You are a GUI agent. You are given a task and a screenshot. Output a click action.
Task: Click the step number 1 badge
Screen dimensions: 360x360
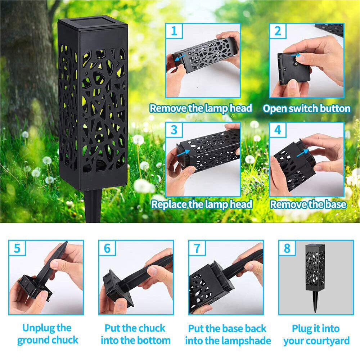(174, 31)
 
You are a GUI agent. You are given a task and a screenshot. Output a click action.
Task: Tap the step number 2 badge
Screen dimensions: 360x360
(278, 31)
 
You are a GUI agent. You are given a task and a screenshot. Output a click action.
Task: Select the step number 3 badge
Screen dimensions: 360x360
(174, 130)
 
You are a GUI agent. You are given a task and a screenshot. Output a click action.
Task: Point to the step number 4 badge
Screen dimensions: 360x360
(278, 130)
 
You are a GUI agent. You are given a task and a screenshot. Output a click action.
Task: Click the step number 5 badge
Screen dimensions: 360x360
(17, 248)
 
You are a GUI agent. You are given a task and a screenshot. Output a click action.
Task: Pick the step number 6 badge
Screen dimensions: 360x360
(107, 248)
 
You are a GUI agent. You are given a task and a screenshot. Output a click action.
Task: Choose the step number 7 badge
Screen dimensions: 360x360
(197, 248)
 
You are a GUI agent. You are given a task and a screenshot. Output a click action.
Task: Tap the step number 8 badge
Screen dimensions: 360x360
(287, 248)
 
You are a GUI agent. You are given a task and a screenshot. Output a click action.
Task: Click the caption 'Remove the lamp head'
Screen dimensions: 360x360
(201, 108)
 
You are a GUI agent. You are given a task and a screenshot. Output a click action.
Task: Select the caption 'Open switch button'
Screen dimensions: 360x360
(306, 108)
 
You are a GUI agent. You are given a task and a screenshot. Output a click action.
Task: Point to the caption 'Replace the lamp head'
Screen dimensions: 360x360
(202, 204)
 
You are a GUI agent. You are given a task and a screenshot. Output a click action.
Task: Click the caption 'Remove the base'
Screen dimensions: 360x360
(308, 204)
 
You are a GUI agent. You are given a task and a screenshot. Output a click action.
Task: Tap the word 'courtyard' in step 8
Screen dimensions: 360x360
(327, 341)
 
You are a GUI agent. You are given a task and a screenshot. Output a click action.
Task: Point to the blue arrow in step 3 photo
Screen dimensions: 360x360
(184, 153)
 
